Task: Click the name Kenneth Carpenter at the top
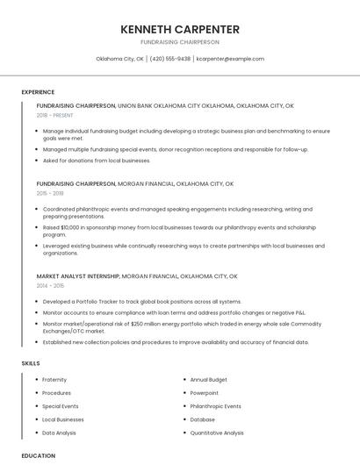(180, 29)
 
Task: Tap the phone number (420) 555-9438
(170, 59)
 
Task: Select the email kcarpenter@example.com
(230, 59)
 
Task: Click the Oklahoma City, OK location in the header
(119, 59)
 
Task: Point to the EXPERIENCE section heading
(38, 92)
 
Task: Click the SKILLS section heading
(31, 362)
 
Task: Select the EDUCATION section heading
(38, 455)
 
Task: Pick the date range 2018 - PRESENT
(55, 115)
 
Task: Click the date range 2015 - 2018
(50, 193)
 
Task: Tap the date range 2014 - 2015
(50, 285)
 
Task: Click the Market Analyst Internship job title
(77, 275)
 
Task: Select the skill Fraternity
(54, 379)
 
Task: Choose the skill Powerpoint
(205, 392)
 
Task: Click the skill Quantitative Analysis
(217, 433)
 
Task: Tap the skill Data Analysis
(60, 433)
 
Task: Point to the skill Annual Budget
(209, 379)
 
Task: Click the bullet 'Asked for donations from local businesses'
(97, 161)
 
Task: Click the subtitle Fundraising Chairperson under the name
(180, 42)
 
